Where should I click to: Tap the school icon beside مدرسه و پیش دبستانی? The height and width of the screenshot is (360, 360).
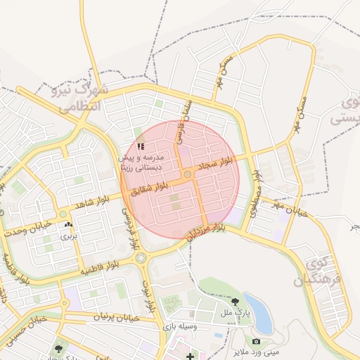141,146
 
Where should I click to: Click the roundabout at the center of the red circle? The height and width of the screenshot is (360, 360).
188,174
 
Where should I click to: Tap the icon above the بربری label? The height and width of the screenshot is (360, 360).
68,225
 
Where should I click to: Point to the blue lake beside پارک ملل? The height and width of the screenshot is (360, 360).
259,311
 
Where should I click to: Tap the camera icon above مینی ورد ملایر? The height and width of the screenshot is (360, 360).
256,341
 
